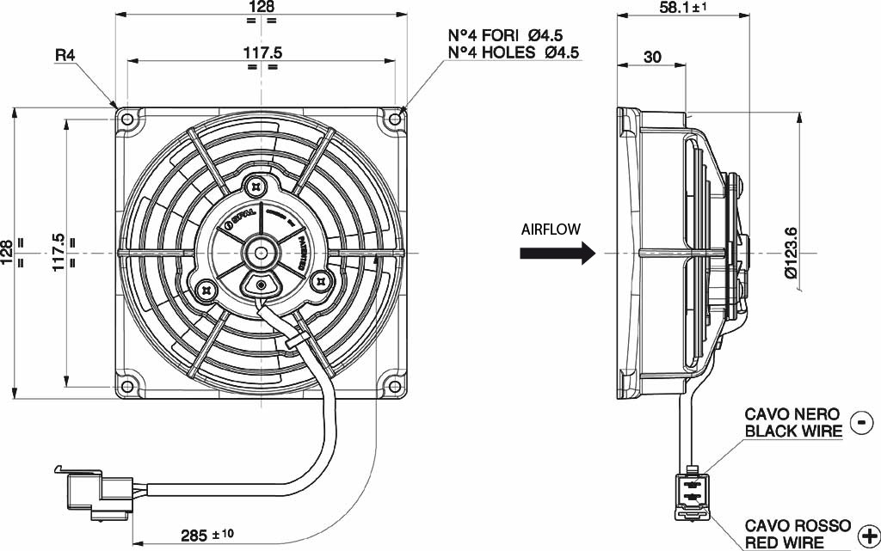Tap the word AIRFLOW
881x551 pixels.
[551, 230]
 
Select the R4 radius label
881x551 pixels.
[65, 55]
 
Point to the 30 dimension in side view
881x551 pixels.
[652, 57]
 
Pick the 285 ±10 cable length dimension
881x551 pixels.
[207, 535]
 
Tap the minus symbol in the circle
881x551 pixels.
[860, 421]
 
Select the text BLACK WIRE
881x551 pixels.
[793, 431]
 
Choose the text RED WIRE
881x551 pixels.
[784, 542]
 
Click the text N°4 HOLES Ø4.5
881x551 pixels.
[514, 52]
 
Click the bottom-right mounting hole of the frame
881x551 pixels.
[395, 383]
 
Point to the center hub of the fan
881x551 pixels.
[261, 251]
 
